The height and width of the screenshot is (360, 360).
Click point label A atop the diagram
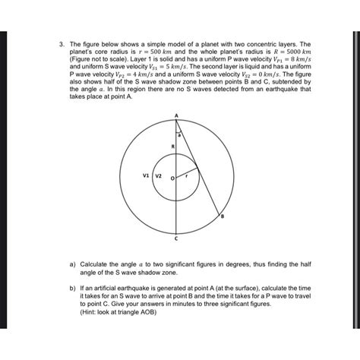point(175,115)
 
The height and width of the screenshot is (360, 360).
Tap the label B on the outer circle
point(223,217)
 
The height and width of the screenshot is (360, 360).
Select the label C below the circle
point(175,238)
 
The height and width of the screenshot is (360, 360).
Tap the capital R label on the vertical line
point(172,145)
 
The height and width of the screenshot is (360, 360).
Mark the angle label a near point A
point(179,133)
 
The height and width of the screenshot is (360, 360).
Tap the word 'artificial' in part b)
point(106,289)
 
